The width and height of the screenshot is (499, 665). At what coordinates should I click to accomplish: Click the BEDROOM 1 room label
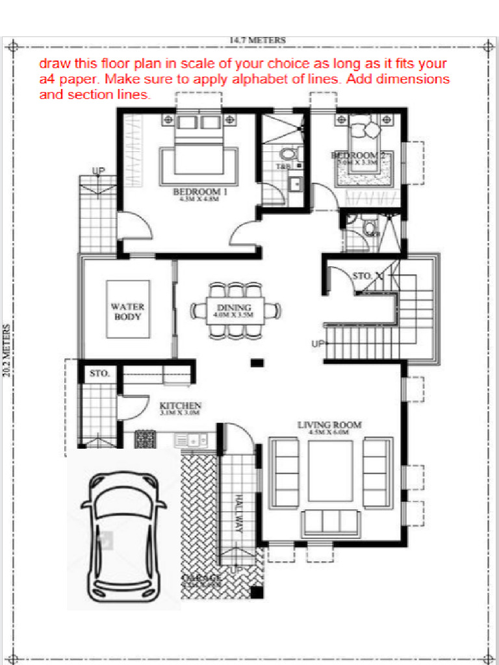coord(199,192)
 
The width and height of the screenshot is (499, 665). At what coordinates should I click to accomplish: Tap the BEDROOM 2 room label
coord(353,156)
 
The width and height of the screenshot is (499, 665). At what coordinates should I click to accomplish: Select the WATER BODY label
coord(127,311)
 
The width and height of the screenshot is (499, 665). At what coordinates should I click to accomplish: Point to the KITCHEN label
coord(180,406)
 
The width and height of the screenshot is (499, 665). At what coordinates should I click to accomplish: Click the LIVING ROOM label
coord(329,425)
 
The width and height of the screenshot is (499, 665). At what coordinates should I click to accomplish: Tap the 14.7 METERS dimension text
coord(257,40)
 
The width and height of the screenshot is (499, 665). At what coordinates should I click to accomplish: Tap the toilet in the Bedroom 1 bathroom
coord(287,155)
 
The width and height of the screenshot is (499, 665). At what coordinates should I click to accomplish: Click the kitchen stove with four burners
coord(145,440)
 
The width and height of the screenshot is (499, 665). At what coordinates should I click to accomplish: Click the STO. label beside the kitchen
coord(99,374)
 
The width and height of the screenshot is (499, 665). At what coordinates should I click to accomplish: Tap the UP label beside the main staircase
coord(317,344)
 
